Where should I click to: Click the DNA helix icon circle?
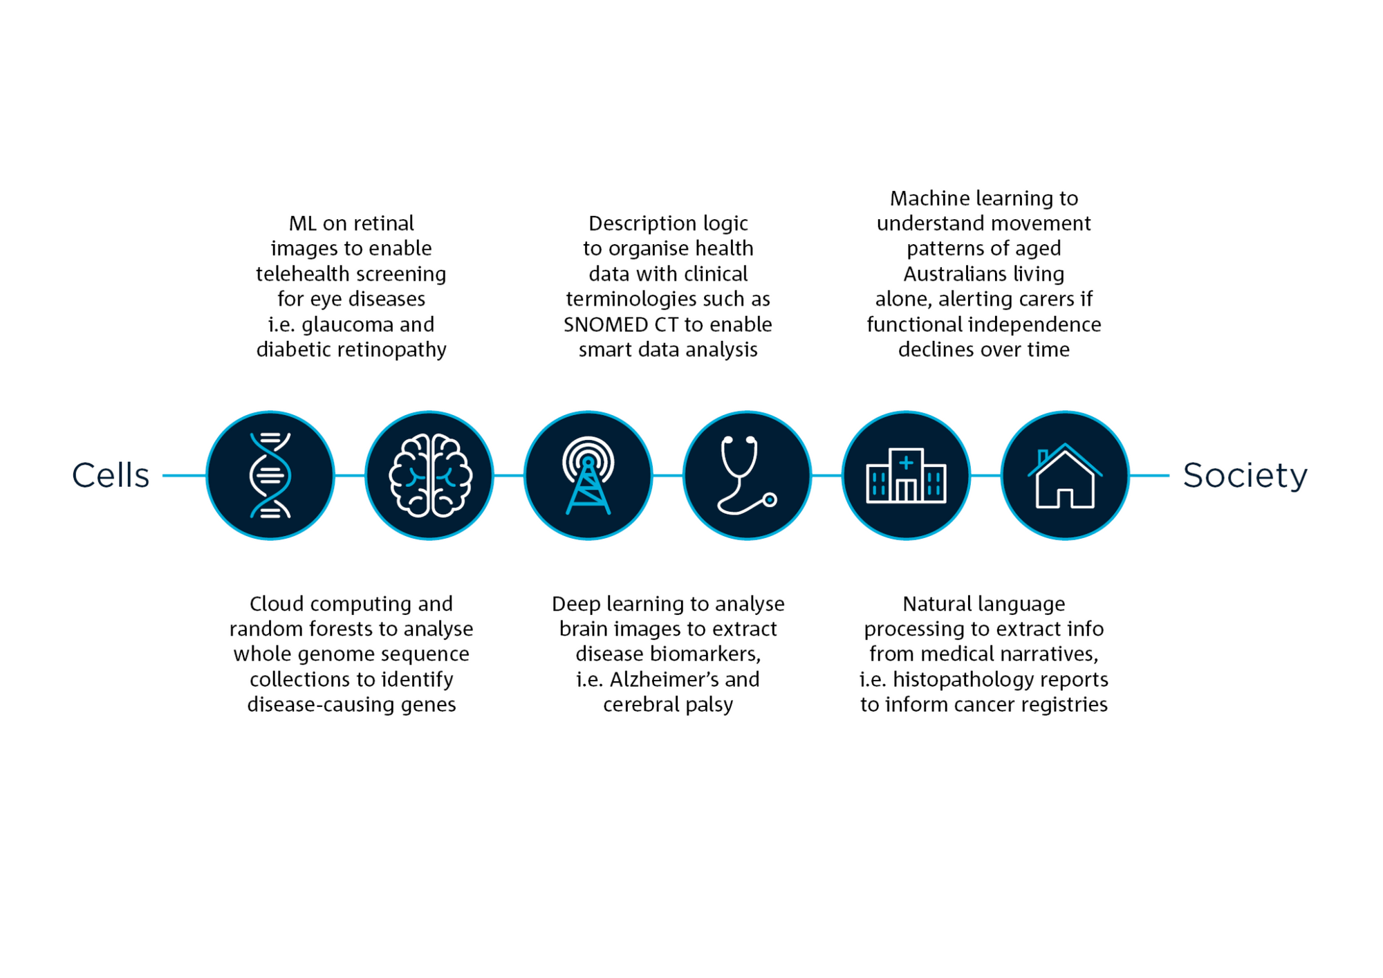pos(270,475)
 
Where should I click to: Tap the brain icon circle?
pos(429,475)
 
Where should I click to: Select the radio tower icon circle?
pos(588,475)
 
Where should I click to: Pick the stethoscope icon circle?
pos(748,475)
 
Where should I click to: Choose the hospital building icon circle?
pos(907,475)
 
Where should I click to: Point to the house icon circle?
pos(1066,475)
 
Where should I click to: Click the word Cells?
pos(111,475)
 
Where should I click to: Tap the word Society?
pos(1245,475)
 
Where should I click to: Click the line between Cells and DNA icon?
pos(184,475)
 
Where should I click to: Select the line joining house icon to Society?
pos(1149,475)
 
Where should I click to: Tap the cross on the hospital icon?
pos(906,463)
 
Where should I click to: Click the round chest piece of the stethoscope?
pos(770,499)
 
